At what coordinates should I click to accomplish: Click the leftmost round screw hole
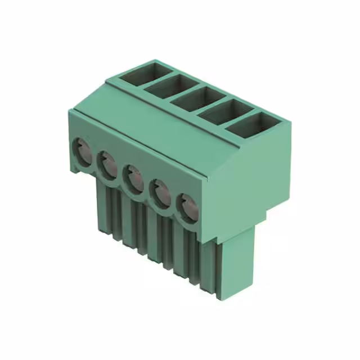[82, 151]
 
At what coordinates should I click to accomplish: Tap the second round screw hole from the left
[107, 164]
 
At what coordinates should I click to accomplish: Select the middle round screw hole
[133, 177]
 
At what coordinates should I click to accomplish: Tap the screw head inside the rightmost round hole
[190, 209]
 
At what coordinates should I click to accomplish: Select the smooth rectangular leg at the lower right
[237, 264]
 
